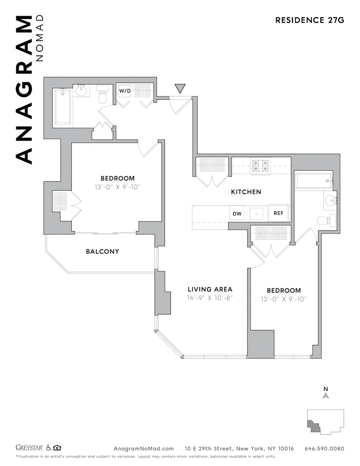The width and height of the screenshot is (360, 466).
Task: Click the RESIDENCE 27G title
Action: click(309, 20)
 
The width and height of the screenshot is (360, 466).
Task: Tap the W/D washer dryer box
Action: click(124, 91)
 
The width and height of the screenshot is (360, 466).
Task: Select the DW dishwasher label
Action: click(237, 214)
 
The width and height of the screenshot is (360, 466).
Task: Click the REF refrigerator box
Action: click(278, 214)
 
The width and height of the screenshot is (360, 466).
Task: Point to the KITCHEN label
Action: click(246, 192)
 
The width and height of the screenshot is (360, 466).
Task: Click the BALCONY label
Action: click(102, 252)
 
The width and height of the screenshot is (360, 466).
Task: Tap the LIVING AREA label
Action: click(210, 289)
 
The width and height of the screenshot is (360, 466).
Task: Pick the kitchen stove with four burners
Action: click(261, 165)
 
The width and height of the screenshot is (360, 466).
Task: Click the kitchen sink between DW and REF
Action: click(257, 214)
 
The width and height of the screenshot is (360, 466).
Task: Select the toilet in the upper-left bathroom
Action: click(102, 95)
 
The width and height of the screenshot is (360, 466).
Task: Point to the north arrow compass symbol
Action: click(326, 394)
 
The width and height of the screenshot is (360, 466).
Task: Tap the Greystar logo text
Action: click(29, 448)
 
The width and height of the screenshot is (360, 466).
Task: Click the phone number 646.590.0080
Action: click(324, 449)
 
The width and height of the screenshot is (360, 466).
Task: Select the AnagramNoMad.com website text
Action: click(143, 449)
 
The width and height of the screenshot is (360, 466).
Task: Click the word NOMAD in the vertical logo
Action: click(40, 38)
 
